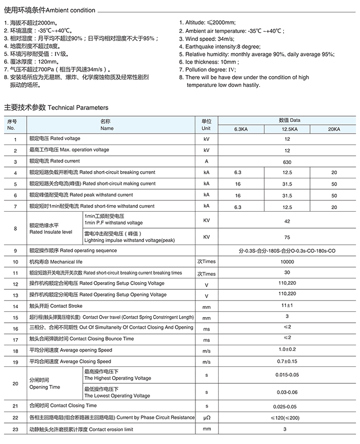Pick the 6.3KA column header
click(241, 129)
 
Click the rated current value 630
click(287, 161)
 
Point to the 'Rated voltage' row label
click(55, 139)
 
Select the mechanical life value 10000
click(287, 262)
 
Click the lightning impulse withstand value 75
click(287, 237)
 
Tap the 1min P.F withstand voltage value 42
click(287, 221)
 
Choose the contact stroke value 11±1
click(287, 306)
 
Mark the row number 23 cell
click(15, 429)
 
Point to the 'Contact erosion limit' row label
click(81, 429)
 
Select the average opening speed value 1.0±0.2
click(287, 350)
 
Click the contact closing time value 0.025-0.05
click(287, 406)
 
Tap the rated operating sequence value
click(287, 251)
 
